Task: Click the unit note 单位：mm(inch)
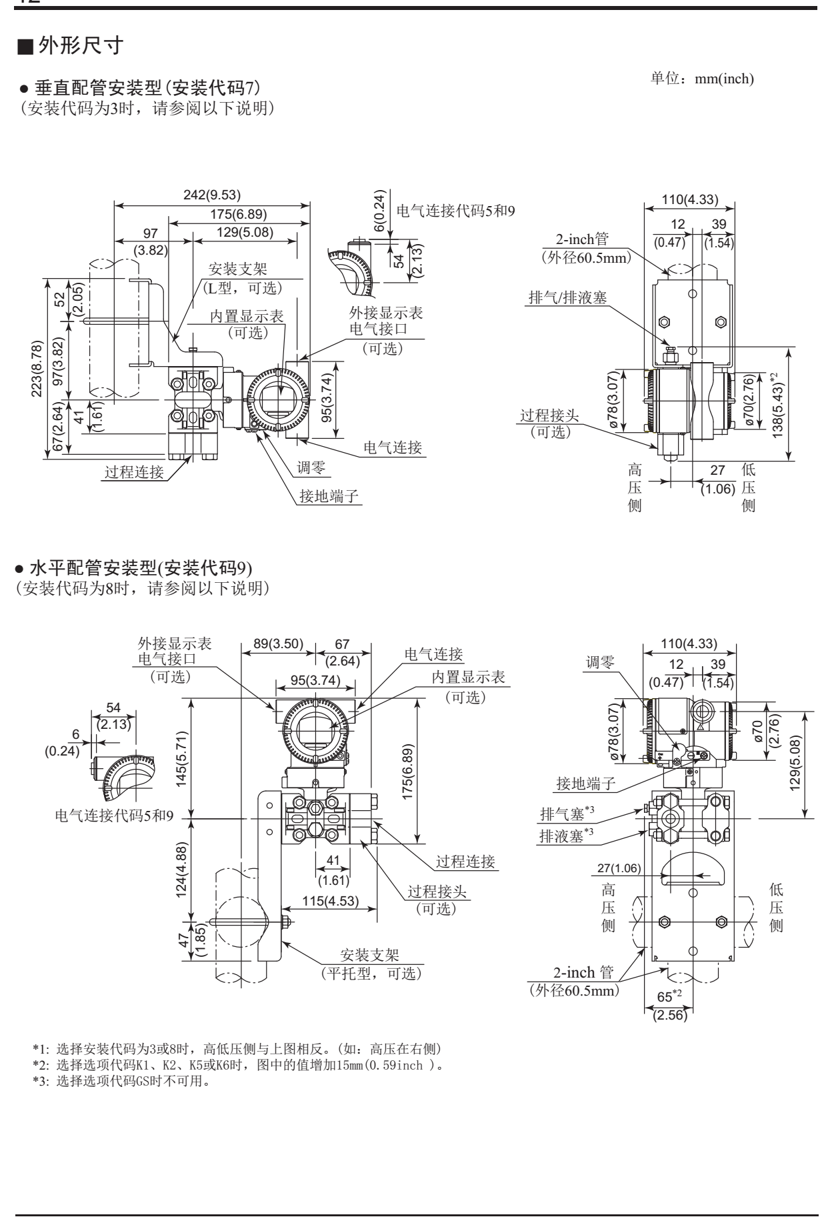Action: (x=701, y=79)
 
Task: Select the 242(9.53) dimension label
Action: (x=212, y=195)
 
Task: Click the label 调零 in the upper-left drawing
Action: (x=311, y=468)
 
